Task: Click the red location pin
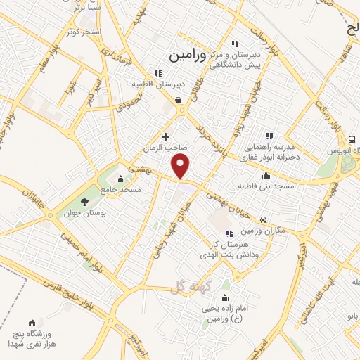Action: [181, 166]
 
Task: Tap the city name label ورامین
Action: [187, 55]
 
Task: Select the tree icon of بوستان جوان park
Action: [85, 202]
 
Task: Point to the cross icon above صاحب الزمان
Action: [165, 136]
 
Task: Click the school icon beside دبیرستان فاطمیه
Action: [160, 72]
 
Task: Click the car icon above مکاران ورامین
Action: [263, 219]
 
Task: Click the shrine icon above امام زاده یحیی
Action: [224, 297]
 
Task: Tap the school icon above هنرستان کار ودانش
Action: [227, 233]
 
